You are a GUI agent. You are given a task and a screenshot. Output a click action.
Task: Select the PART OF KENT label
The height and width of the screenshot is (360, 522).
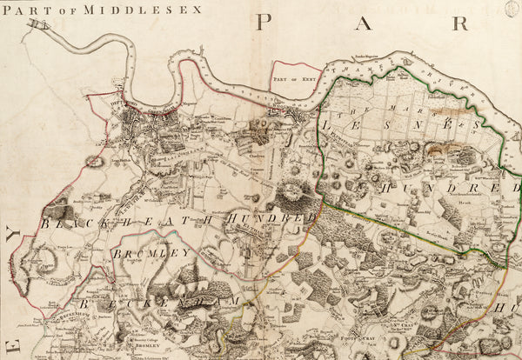click(292, 78)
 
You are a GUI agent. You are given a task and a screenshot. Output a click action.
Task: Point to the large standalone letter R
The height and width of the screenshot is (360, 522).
click(459, 23)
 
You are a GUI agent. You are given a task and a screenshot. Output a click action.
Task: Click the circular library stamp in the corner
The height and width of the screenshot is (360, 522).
click(513, 8)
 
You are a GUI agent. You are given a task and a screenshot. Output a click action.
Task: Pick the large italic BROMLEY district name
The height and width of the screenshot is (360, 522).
click(150, 253)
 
